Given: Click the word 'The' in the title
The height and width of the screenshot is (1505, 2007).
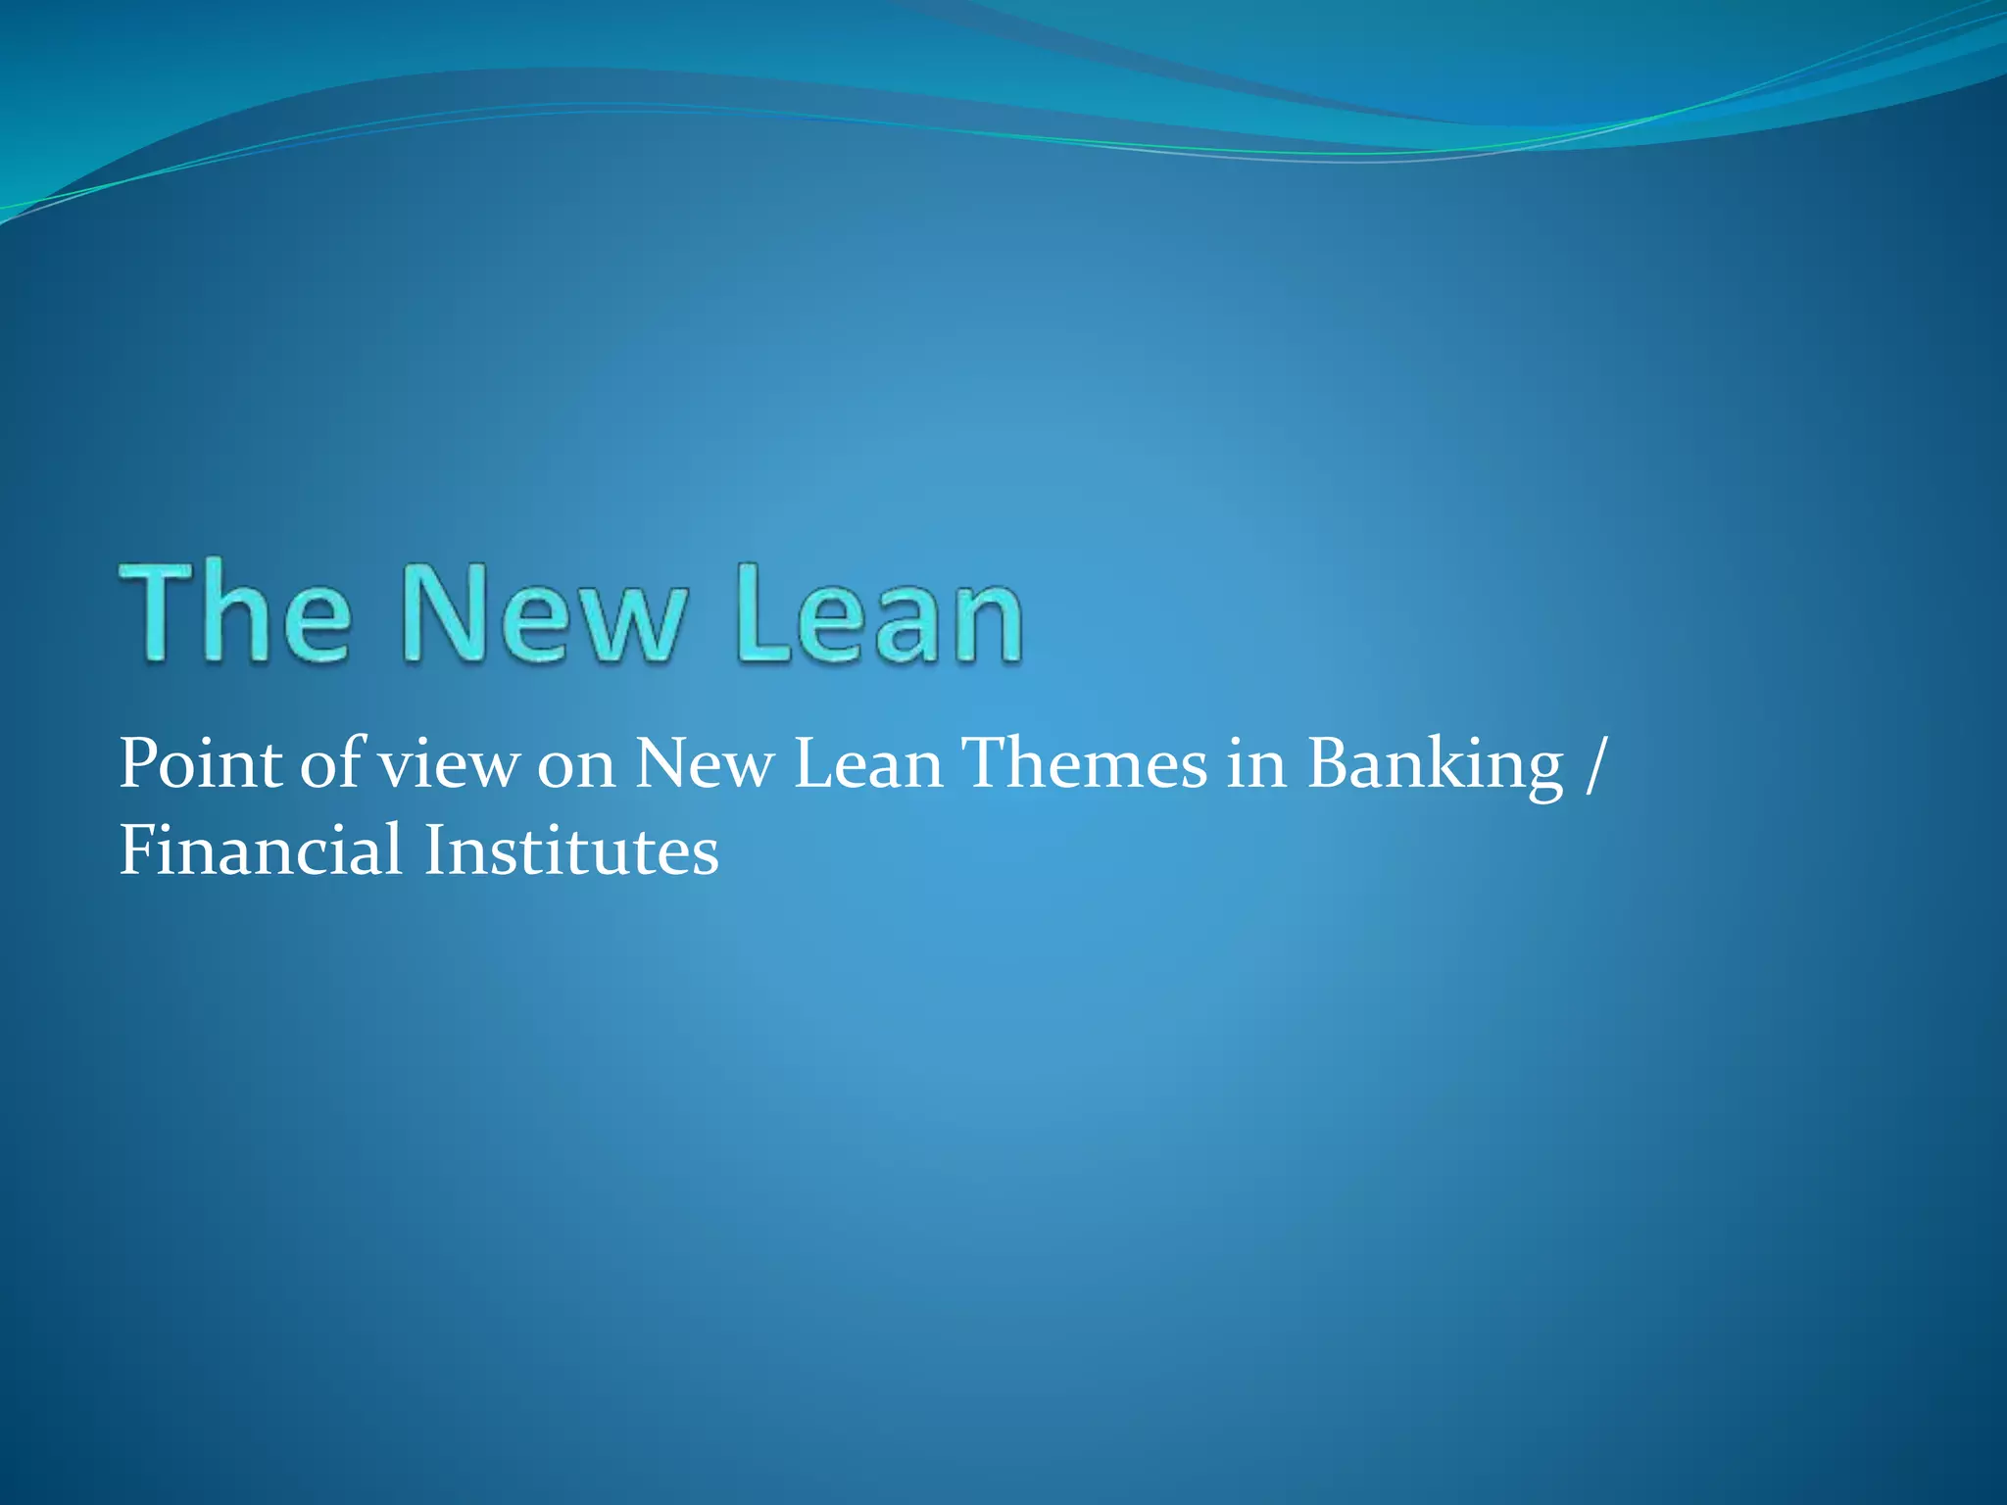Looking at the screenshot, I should coord(235,614).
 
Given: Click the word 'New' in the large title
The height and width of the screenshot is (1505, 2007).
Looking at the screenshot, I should coord(543,614).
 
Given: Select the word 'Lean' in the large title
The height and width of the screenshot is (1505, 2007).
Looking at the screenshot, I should coord(880,614).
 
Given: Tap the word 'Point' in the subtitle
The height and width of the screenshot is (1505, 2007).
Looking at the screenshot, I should coord(201,764).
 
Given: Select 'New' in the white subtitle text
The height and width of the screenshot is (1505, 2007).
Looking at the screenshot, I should coord(705,764).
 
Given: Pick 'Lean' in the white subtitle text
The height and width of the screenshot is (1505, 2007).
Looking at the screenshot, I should coord(867,764).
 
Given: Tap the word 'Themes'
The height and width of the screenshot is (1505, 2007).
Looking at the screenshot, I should coord(1083,764).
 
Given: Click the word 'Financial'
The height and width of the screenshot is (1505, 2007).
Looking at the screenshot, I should coord(261,850).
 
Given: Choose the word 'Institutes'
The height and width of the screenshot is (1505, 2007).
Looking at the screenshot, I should coord(571,850).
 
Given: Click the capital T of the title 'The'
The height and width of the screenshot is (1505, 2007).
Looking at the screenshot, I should coord(157,614).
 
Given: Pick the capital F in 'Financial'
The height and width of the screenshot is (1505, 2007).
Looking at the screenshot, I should coord(137,850).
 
